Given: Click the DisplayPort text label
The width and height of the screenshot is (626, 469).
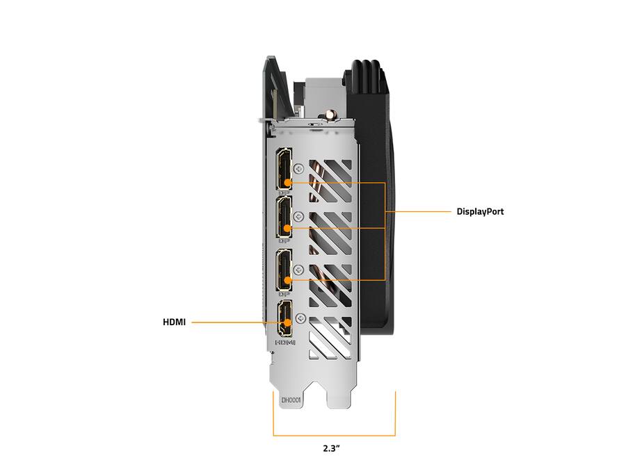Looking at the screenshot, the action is tap(480, 212).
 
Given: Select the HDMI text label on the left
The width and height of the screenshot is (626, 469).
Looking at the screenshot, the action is tap(174, 322).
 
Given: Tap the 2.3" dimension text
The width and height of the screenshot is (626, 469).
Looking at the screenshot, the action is tap(331, 448).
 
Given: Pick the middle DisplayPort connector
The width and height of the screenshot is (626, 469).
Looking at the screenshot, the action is tap(284, 217).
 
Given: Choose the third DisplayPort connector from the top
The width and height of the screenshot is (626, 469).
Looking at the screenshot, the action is tap(284, 270).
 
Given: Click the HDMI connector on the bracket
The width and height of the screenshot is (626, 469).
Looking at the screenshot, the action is tap(284, 319).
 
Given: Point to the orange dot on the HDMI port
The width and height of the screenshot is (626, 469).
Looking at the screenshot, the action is tap(287, 322).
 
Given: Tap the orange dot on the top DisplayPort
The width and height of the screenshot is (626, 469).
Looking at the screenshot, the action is tap(287, 183).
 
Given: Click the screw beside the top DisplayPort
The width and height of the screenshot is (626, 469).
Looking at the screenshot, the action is tap(298, 168).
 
